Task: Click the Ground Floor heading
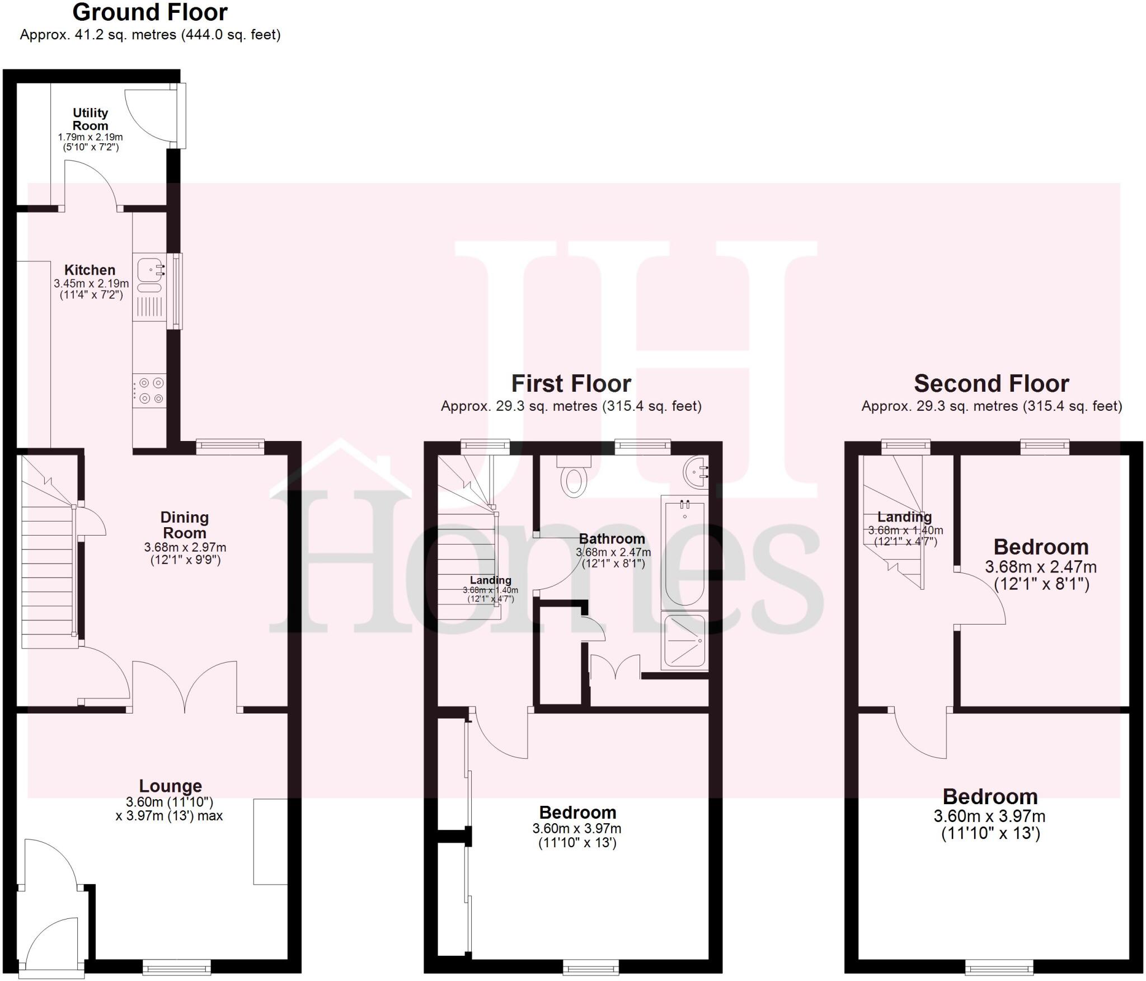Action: pos(150,12)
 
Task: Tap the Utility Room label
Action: pos(90,119)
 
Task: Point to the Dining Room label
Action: pos(184,525)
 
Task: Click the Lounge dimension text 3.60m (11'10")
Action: pos(169,802)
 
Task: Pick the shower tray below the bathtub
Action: pos(683,642)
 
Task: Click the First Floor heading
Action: pos(571,384)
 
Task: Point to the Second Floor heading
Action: pos(991,384)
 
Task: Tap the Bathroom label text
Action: pos(612,539)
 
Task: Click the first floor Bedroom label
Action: pos(577,812)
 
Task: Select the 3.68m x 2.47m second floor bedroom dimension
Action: pos(1040,567)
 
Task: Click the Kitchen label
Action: pos(90,270)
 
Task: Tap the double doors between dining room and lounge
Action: pos(185,687)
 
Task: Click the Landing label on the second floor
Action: pos(904,517)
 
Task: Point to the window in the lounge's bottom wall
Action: pos(177,966)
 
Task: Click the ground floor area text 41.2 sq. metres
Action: pos(150,35)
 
